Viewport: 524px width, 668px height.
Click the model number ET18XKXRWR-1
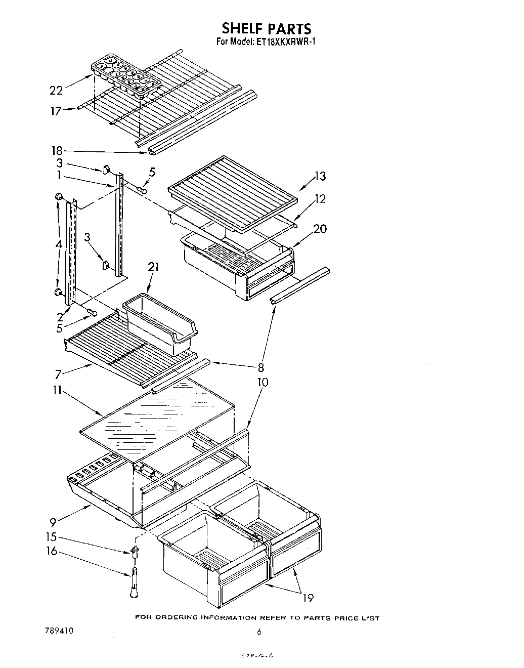pos(287,43)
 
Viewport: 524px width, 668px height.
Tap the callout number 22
pos(56,91)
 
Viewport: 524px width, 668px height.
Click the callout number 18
pos(56,150)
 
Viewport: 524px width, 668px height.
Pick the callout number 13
pos(320,176)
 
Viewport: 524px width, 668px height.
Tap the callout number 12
pos(320,199)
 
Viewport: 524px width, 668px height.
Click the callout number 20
pos(320,229)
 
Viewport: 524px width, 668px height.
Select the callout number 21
pos(153,267)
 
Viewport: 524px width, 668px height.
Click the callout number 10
pos(263,382)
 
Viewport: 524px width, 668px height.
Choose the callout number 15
pos(52,538)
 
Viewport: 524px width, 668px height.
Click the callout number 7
pos(59,374)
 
